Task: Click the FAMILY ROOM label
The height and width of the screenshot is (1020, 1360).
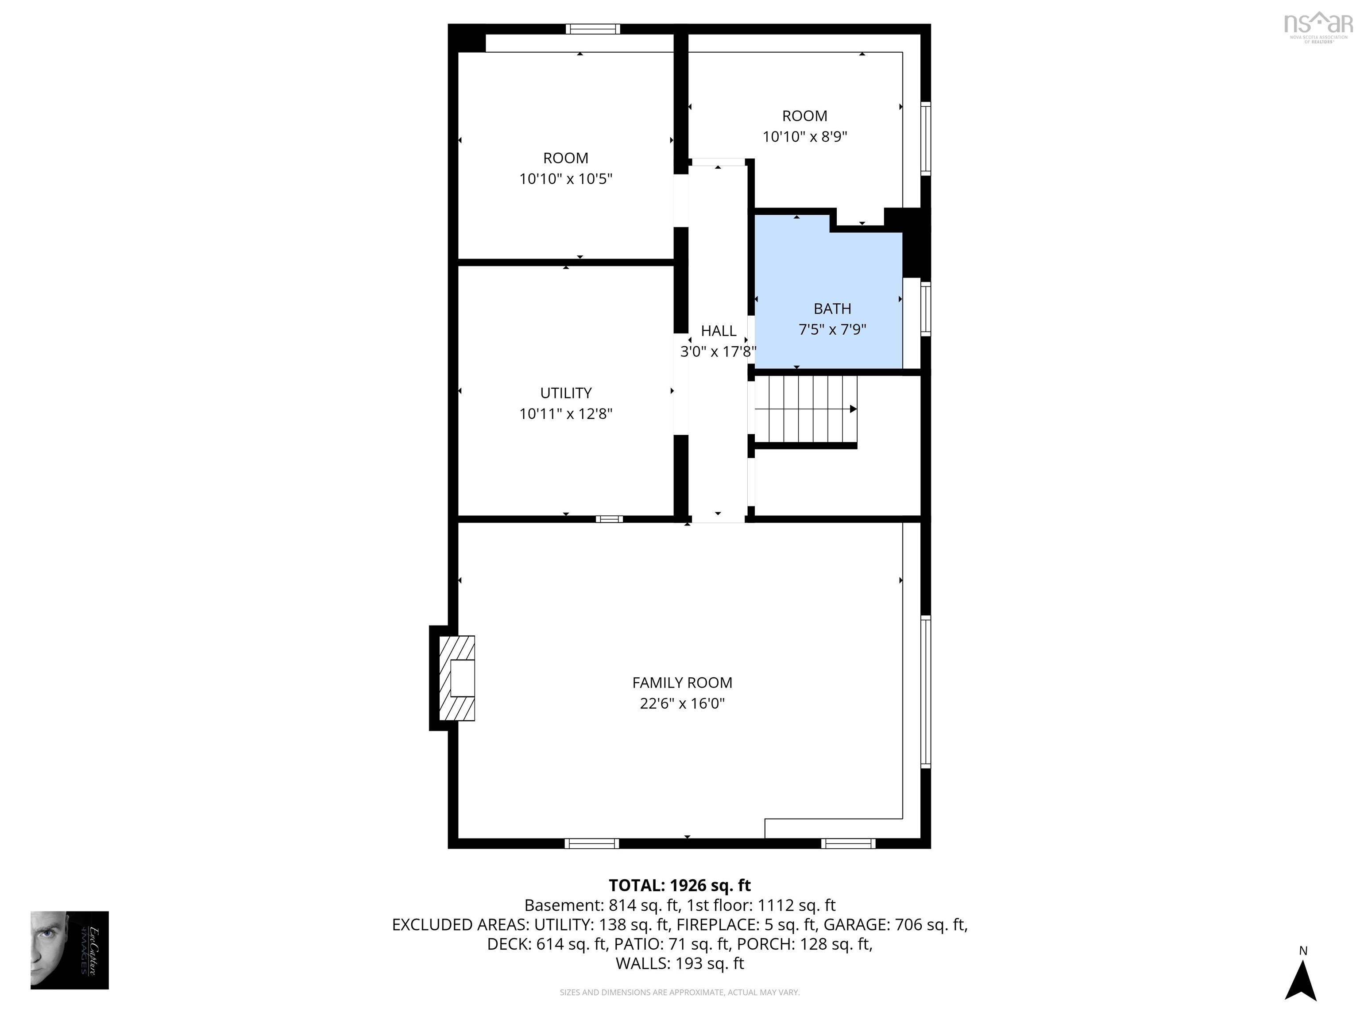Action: [682, 683]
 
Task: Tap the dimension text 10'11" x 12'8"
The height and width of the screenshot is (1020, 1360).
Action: [566, 414]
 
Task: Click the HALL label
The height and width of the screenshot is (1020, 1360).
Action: [718, 331]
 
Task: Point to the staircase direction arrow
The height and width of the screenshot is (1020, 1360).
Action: [853, 409]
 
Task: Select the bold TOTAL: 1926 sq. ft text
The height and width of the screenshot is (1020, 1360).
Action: [680, 885]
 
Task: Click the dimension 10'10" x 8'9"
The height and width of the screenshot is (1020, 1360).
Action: [805, 136]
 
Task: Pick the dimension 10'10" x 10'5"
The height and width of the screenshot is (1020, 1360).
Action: [566, 179]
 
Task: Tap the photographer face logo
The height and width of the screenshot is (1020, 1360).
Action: [70, 950]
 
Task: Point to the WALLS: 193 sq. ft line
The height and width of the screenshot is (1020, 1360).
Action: [680, 963]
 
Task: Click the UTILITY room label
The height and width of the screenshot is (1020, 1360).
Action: [566, 393]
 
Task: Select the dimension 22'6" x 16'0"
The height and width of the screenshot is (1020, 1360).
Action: [682, 703]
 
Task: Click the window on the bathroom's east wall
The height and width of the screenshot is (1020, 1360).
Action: [925, 309]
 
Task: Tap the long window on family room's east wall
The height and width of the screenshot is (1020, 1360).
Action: [925, 692]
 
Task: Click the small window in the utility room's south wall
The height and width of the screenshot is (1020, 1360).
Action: [609, 519]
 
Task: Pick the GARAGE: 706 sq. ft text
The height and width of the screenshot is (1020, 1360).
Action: [895, 925]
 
